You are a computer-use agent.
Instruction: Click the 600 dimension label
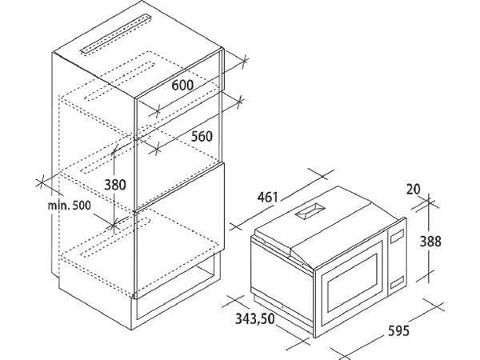182,85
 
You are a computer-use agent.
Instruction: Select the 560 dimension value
202,136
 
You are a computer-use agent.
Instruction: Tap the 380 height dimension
115,185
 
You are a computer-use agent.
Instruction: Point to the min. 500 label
69,205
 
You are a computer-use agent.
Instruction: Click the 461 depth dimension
267,197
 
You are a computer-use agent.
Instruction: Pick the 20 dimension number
414,189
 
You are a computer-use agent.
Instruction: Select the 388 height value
430,242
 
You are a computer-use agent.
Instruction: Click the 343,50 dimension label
255,319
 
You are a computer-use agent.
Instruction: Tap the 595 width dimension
398,330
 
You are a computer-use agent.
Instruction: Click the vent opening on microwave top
310,211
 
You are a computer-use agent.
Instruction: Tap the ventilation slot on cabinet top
116,34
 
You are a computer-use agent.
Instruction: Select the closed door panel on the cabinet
180,230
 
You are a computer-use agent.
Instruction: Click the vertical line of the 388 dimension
429,238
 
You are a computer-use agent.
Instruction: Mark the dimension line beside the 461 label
282,201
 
